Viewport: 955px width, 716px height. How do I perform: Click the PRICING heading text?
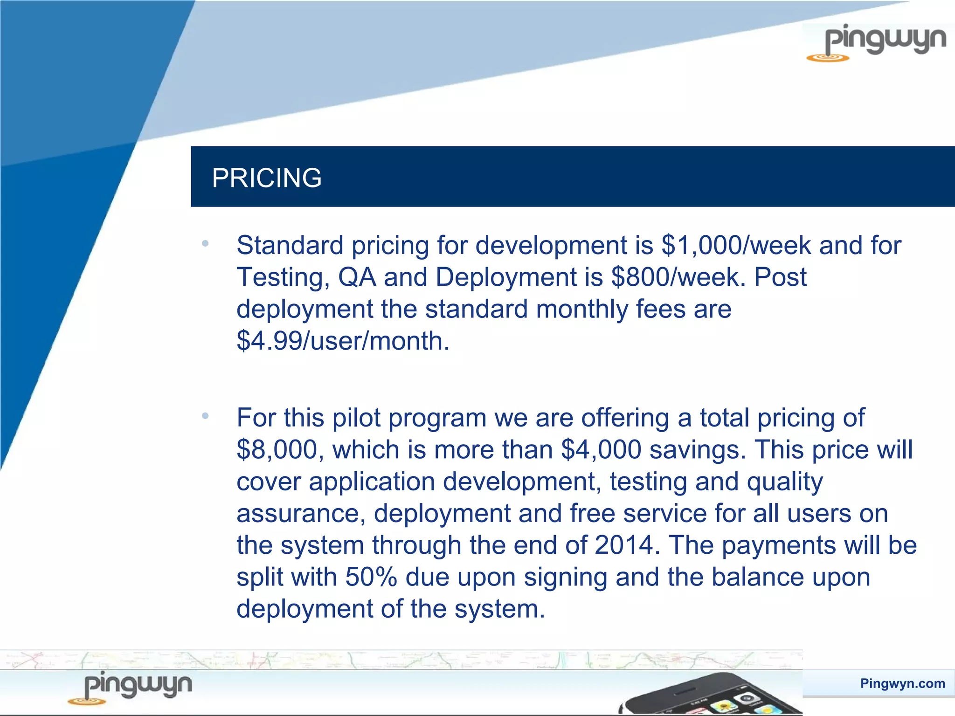(x=267, y=178)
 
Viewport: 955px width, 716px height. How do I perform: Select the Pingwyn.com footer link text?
(x=902, y=683)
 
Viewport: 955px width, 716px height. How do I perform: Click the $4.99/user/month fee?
(x=343, y=341)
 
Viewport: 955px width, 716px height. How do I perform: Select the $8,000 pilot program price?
(x=277, y=449)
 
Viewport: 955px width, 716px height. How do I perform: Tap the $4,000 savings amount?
(x=601, y=449)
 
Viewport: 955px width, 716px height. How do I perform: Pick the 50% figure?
(x=371, y=577)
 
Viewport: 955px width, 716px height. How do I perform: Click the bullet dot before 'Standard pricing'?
(x=205, y=243)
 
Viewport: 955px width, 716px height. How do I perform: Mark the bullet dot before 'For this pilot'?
(x=205, y=415)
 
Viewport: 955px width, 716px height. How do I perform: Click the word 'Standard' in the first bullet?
(x=290, y=245)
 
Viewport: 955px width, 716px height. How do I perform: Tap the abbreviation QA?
(x=357, y=277)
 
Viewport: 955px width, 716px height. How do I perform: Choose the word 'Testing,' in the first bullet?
(x=284, y=277)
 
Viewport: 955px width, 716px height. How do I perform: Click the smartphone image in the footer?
(x=713, y=695)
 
